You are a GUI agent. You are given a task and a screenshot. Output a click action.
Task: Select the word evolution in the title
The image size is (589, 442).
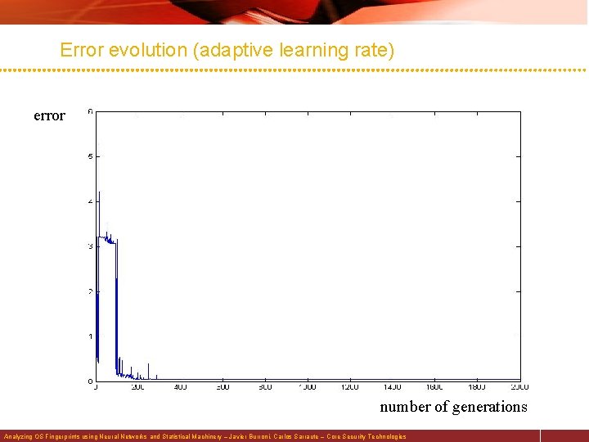pyautogui.click(x=147, y=50)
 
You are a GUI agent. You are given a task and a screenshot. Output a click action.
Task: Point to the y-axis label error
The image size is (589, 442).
pyautogui.click(x=49, y=116)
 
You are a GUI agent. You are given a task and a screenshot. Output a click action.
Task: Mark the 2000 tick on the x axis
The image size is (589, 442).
pyautogui.click(x=519, y=387)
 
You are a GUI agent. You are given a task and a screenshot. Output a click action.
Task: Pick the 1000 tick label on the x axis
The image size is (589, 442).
pyautogui.click(x=308, y=387)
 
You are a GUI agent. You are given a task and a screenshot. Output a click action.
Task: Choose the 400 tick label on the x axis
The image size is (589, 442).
pyautogui.click(x=181, y=387)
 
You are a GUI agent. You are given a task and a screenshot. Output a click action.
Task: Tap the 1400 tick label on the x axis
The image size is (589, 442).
pyautogui.click(x=393, y=387)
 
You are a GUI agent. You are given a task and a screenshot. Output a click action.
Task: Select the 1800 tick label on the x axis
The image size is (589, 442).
pyautogui.click(x=477, y=387)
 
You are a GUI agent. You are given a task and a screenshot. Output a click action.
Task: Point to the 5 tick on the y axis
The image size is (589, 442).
pyautogui.click(x=90, y=156)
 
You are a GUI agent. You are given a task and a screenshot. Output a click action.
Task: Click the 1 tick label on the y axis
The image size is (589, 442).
pyautogui.click(x=90, y=336)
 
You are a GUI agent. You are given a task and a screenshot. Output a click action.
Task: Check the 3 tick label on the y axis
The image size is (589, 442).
pyautogui.click(x=90, y=246)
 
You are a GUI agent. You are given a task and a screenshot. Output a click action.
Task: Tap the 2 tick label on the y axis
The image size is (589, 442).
pyautogui.click(x=90, y=291)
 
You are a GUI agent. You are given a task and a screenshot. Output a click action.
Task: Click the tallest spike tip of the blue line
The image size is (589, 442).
pyautogui.click(x=99, y=192)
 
